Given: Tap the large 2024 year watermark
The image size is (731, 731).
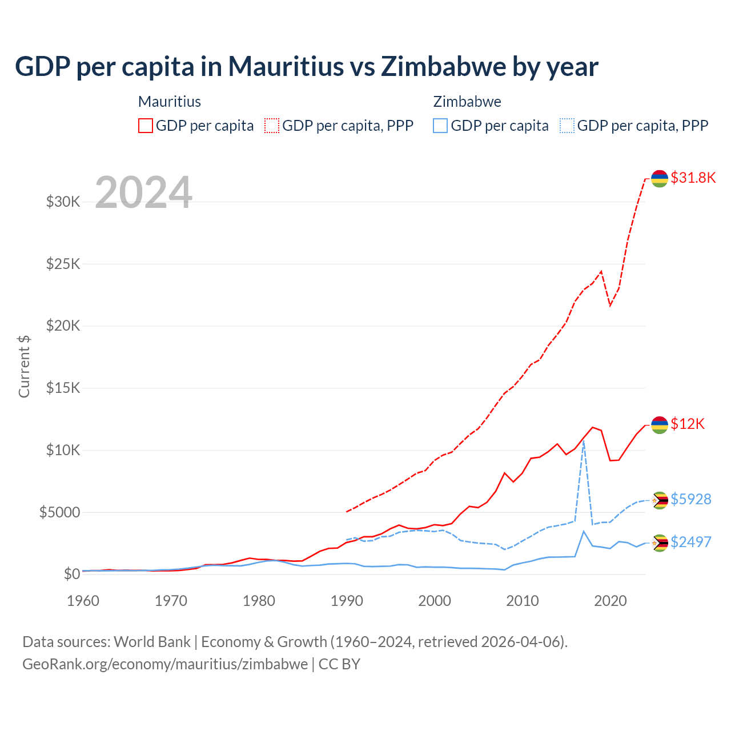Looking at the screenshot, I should pos(143,192).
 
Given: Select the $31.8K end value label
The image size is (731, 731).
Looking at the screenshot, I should pos(693,178).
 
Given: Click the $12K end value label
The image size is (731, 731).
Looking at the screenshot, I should pos(688,424).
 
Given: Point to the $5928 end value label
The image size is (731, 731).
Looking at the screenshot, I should pos(690,499).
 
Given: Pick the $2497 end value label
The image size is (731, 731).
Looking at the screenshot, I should pos(690,542).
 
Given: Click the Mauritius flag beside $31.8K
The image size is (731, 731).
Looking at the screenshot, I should pos(660,178).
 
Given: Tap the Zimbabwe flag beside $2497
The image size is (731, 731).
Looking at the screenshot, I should pos(660,543).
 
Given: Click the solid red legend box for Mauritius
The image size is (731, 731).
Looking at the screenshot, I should pos(146,126).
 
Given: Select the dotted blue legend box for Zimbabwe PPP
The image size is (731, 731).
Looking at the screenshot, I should pos(567,126).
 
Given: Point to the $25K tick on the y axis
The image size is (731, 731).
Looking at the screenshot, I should pos(63,264).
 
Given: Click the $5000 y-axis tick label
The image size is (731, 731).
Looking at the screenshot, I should pos(59,512).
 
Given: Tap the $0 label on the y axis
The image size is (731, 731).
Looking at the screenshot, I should pos(71,574).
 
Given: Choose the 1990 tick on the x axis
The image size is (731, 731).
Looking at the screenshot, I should pos(347,601).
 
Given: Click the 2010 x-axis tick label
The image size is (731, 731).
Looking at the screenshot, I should pos(523,601).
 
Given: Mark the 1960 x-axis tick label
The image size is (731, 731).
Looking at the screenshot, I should pos(83,601).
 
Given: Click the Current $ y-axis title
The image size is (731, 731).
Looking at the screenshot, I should pos(24,367).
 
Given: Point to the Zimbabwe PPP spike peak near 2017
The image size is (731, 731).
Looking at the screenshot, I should pos(583,441).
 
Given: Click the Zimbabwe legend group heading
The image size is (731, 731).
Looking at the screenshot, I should pos(467,102).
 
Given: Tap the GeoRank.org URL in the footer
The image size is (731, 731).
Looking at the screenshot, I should pos(165,664).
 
